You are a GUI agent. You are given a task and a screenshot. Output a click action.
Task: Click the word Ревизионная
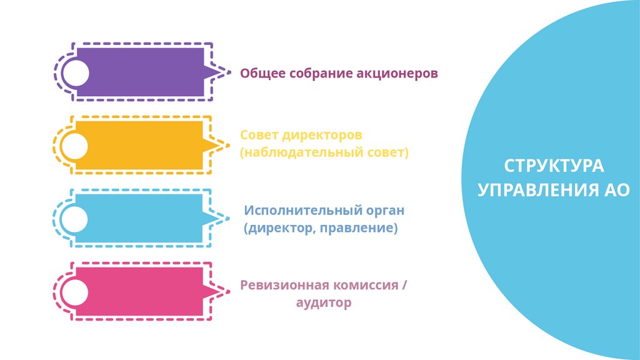pos(284,286)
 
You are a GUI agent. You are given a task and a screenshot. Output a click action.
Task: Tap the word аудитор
pos(323,303)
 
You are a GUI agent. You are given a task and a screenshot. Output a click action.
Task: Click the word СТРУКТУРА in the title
pos(554,167)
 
